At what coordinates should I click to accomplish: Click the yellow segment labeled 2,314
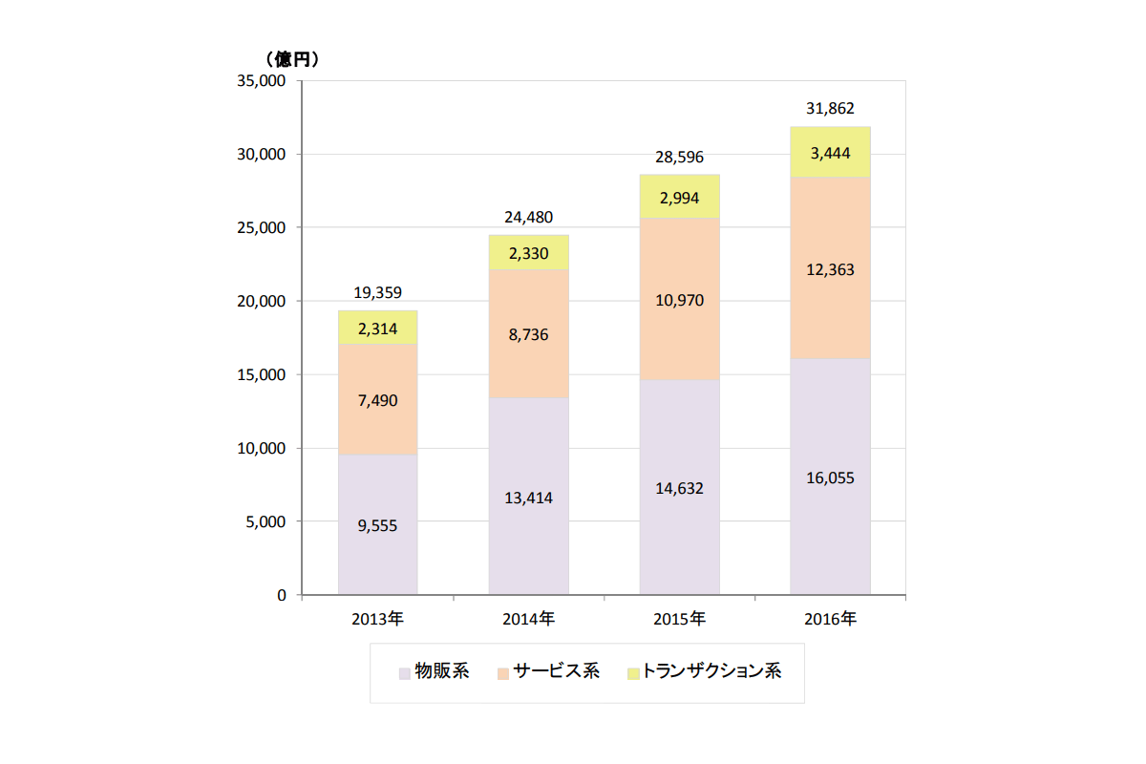pos(378,328)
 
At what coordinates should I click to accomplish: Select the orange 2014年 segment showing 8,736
pos(528,333)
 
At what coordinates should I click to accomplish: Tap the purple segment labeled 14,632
pos(679,488)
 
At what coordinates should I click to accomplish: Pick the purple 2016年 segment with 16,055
pos(830,477)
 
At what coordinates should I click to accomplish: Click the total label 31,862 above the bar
pos(830,109)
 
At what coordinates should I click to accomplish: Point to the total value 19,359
pos(378,293)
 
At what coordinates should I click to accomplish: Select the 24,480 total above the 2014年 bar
pos(528,218)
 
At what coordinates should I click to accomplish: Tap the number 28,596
pos(679,158)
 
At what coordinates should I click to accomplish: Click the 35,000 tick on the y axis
pos(261,81)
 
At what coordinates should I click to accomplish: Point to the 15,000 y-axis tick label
pos(261,375)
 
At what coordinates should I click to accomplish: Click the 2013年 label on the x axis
pos(378,619)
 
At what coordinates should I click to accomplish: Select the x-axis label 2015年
pos(679,619)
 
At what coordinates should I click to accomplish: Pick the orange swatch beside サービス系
pos(503,672)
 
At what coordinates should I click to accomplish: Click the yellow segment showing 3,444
pos(830,153)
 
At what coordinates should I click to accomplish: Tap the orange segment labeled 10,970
pos(679,300)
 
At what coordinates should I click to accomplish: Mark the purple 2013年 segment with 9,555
pos(378,524)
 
